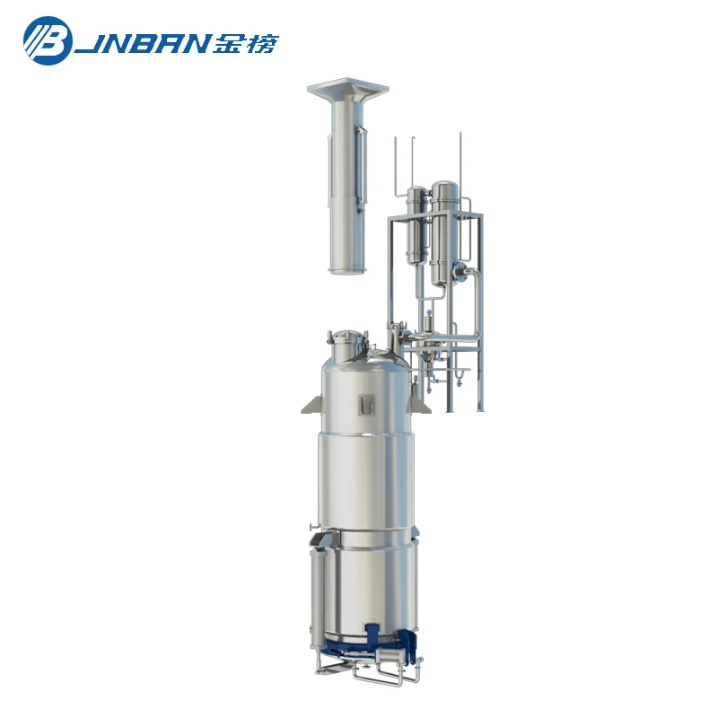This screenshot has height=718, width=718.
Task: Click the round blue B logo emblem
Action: (x=47, y=40)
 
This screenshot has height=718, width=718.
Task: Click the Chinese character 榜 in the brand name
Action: (x=261, y=43)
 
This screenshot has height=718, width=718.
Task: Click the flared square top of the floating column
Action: (x=346, y=90)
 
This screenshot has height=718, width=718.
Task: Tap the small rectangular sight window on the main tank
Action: (x=365, y=405)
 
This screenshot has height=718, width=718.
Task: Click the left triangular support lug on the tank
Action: (x=310, y=405)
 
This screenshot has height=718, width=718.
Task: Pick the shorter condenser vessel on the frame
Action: (x=416, y=224)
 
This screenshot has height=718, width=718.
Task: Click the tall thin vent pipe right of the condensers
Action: (x=460, y=166)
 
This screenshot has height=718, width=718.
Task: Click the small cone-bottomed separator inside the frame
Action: (x=429, y=323)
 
